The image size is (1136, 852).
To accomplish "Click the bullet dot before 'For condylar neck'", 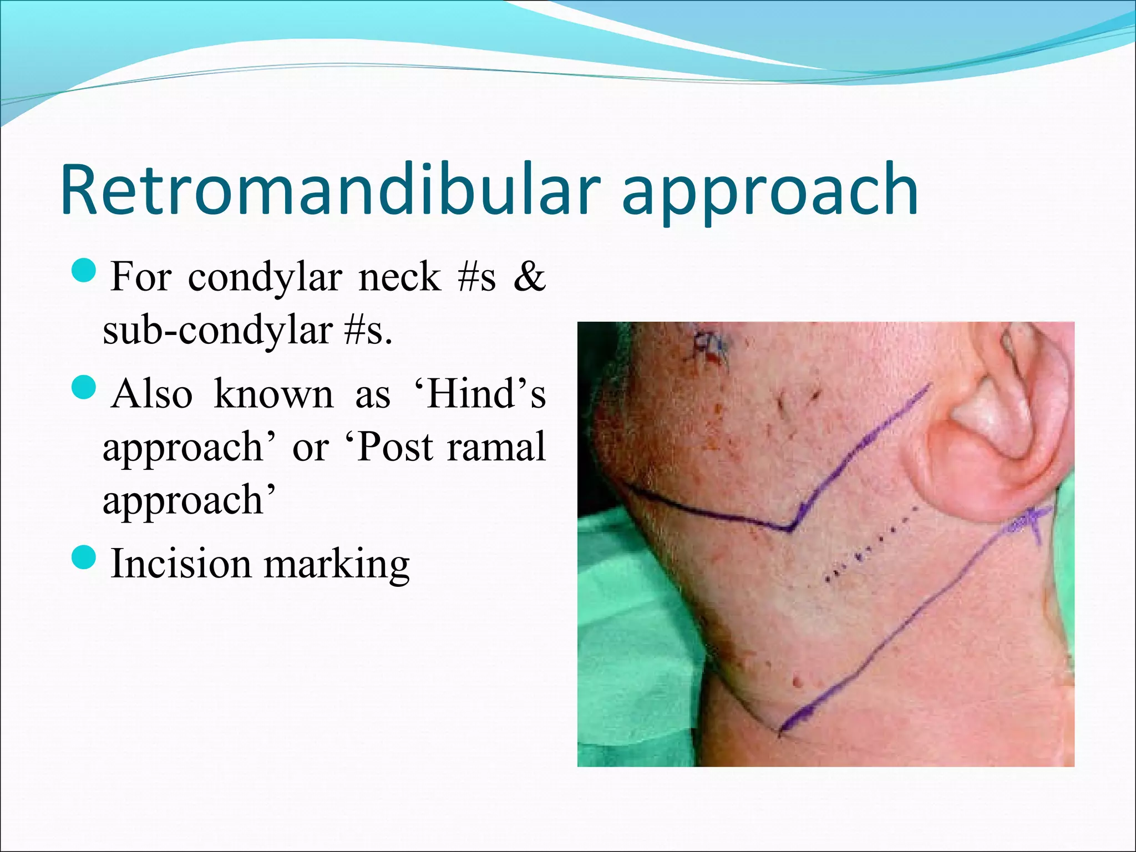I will click(85, 271).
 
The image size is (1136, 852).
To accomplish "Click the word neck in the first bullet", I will click(399, 277).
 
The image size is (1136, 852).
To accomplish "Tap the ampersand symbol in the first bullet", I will click(530, 277).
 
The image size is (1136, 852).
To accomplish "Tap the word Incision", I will click(181, 564).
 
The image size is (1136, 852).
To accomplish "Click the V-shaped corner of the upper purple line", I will click(790, 530).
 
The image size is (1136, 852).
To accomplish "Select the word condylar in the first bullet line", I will click(265, 277).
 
